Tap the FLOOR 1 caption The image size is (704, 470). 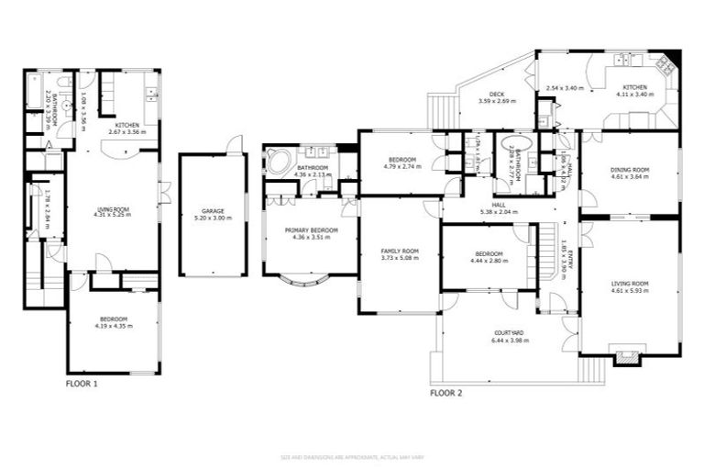(81, 383)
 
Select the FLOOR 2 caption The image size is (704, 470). (445, 393)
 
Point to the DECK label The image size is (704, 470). (497, 95)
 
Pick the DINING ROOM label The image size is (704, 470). (630, 169)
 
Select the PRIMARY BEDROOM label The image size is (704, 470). (311, 229)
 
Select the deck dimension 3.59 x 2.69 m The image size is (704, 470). (497, 102)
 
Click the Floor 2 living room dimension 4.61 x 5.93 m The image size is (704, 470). (630, 291)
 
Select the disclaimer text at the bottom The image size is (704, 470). (352, 456)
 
